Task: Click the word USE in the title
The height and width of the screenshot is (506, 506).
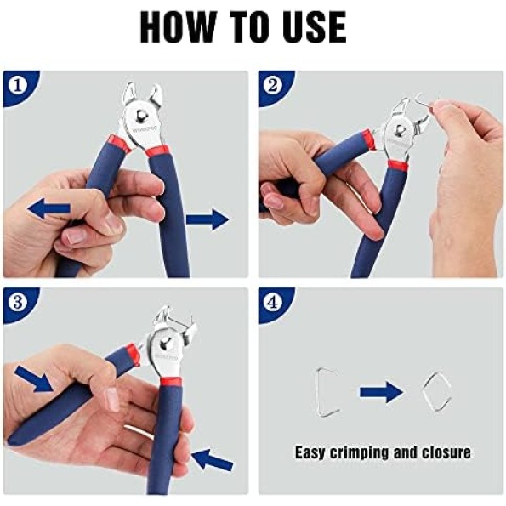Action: pos(316,26)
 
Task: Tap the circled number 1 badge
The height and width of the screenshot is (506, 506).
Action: pos(18,86)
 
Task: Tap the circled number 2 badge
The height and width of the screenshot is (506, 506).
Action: pos(273,86)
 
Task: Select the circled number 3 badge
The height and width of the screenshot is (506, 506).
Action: pos(18,303)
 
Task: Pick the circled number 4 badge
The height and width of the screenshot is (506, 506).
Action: pos(273,303)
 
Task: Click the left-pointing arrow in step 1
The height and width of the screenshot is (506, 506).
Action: pos(49,209)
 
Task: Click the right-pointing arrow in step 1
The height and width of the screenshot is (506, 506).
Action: pos(208,219)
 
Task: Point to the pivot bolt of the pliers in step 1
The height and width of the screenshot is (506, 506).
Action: pos(140,116)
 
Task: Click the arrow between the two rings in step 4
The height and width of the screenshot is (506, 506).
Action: pos(382,392)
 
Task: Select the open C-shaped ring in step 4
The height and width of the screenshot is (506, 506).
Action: pos(327,391)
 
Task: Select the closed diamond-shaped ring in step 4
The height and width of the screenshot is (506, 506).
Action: pos(436,391)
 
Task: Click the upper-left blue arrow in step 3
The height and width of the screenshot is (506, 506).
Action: pos(35,378)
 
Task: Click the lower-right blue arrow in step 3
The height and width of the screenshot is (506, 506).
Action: pos(212,458)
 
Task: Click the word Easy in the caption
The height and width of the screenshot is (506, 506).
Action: pos(310,452)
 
